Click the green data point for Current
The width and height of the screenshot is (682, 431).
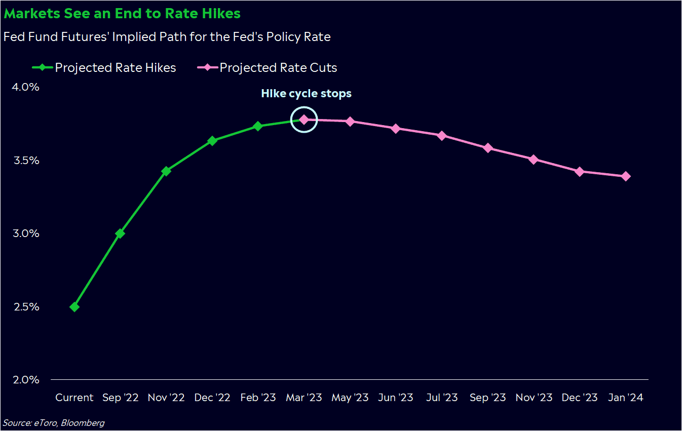[x=74, y=307]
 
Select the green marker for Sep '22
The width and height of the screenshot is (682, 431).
[x=120, y=233]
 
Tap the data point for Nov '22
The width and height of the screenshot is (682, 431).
[x=166, y=171]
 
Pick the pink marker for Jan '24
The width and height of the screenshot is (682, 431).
[x=626, y=176]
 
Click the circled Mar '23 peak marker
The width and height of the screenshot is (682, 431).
[x=304, y=120]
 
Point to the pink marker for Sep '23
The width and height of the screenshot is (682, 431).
[x=488, y=148]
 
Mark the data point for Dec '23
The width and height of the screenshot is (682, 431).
[x=580, y=172]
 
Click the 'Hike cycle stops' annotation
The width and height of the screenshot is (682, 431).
[x=306, y=94]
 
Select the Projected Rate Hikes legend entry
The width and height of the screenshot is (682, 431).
[x=115, y=68]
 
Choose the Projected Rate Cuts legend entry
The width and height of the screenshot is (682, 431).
[x=278, y=68]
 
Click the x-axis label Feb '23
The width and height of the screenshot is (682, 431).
[x=257, y=398]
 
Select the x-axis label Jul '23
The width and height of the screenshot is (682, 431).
[x=442, y=398]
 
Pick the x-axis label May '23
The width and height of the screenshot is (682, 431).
[x=350, y=398]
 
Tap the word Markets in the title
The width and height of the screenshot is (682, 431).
[x=32, y=14]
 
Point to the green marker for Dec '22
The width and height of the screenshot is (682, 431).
[x=212, y=141]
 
